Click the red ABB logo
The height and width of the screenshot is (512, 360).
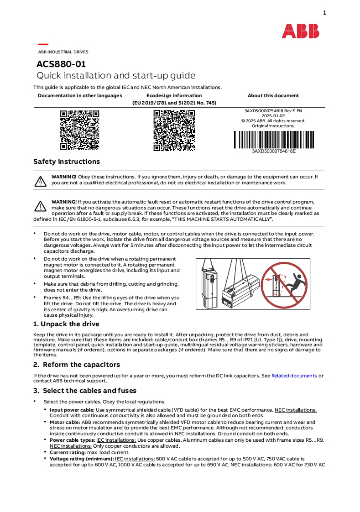tap(300, 31)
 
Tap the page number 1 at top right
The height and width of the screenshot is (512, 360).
tap(324, 13)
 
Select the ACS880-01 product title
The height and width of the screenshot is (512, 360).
tap(61, 64)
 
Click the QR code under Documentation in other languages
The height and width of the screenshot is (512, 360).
tap(80, 130)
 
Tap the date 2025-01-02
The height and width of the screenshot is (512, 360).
tap(273, 116)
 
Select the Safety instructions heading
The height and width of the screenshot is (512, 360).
tap(67, 162)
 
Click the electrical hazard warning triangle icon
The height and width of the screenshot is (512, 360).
tap(41, 181)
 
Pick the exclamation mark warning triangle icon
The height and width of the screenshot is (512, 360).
tap(41, 206)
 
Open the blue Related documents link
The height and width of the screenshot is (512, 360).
tap(294, 376)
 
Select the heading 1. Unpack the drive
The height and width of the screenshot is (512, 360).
tap(66, 324)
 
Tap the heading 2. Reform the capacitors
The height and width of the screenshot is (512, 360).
tap(77, 365)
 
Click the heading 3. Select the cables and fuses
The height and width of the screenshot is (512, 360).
tap(85, 391)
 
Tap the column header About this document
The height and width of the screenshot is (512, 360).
tap(273, 96)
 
